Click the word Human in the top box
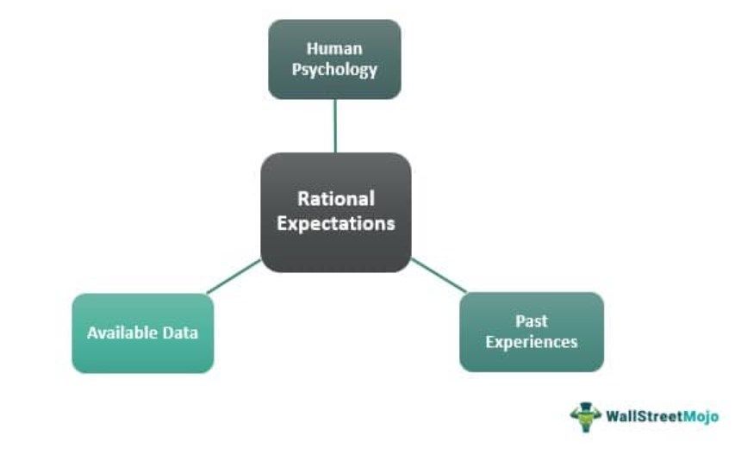click(x=334, y=49)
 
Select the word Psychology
click(x=334, y=70)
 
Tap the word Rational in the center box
click(x=336, y=199)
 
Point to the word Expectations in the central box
click(x=336, y=223)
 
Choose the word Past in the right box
click(x=532, y=321)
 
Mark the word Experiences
click(x=532, y=342)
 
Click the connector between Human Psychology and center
click(x=335, y=126)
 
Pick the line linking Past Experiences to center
click(x=438, y=275)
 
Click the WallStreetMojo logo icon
click(x=585, y=416)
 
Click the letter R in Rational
click(x=303, y=199)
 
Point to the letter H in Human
click(x=311, y=49)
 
